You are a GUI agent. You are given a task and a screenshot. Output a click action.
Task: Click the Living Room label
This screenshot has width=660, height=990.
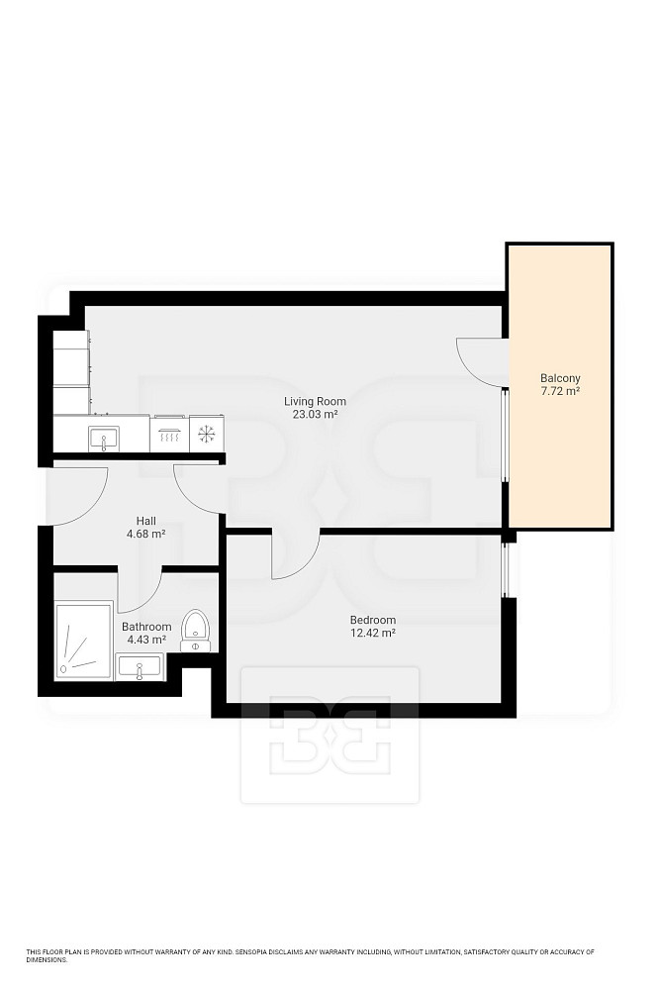[x=315, y=401]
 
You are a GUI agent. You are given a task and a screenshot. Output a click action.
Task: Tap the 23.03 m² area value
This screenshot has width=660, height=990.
[x=315, y=414]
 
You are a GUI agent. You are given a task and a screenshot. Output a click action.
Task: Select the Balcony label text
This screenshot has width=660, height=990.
[x=560, y=378]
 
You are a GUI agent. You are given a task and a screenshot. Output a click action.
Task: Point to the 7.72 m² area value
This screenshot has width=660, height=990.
[x=560, y=391]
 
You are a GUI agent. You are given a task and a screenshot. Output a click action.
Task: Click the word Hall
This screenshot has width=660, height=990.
[x=146, y=521]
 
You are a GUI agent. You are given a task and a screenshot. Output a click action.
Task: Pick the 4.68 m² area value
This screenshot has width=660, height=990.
[x=146, y=534]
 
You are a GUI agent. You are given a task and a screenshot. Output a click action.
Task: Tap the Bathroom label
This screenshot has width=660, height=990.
[x=146, y=627]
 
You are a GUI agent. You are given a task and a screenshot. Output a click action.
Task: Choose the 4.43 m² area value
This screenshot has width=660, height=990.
[x=146, y=640]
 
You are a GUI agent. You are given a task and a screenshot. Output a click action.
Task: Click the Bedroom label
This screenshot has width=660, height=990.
[x=373, y=620]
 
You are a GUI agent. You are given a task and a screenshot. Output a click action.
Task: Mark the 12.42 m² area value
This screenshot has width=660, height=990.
[x=373, y=633]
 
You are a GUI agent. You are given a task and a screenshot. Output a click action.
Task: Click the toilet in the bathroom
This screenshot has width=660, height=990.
[x=196, y=630]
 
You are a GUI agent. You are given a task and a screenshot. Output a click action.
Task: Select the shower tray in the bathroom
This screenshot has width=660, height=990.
[x=84, y=642]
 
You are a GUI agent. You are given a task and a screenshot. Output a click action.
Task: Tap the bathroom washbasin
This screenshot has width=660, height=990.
[x=141, y=667]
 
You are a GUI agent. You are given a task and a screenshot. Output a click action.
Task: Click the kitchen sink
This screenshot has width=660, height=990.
[x=104, y=438]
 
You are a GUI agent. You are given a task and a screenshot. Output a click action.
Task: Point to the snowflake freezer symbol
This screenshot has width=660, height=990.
[x=207, y=434]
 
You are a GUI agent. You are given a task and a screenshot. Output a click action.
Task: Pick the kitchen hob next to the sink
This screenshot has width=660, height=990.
[x=169, y=434]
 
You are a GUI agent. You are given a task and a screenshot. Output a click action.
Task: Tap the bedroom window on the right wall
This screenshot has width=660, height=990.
[x=505, y=569]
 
